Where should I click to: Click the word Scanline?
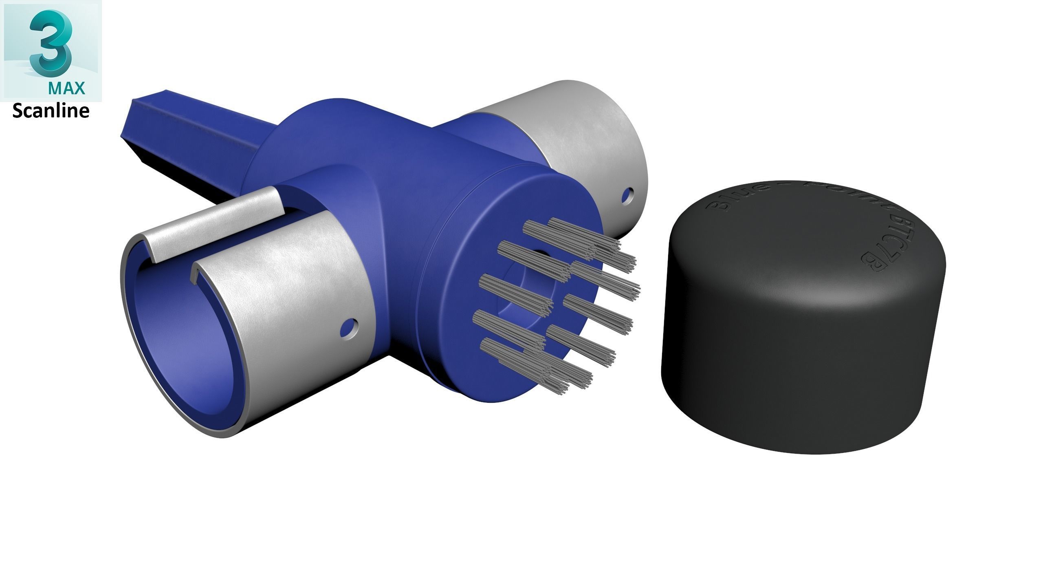coord(51,111)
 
